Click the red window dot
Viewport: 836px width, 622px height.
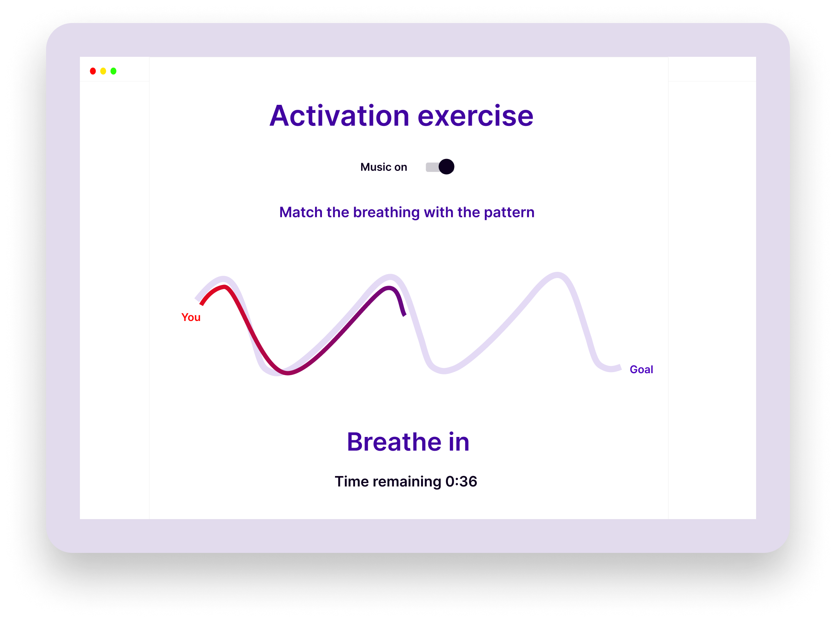[93, 71]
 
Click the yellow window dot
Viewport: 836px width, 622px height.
[103, 71]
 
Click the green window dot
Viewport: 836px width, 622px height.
[113, 71]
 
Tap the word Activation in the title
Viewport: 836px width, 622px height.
[339, 116]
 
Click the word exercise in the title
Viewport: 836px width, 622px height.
[476, 116]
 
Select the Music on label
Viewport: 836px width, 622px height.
[383, 167]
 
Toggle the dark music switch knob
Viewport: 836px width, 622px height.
[446, 167]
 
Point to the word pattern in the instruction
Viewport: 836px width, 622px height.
[509, 213]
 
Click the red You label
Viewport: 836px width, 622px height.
[191, 317]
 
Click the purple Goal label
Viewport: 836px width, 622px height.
[641, 369]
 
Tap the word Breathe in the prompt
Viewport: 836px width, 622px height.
[394, 442]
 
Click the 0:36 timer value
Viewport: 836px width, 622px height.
[461, 481]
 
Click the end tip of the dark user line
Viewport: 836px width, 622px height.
[404, 315]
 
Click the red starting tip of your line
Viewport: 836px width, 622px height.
[201, 304]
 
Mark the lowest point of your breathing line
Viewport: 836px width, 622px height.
[288, 372]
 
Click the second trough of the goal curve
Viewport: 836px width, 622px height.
[443, 371]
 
